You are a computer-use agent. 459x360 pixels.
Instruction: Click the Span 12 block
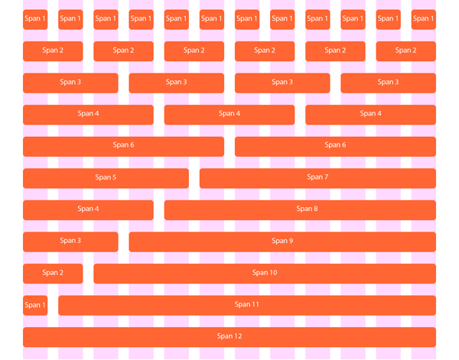(x=229, y=337)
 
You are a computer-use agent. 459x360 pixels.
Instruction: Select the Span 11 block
(x=247, y=305)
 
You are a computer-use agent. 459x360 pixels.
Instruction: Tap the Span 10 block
(x=265, y=273)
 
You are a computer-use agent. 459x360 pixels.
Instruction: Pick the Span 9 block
(x=282, y=242)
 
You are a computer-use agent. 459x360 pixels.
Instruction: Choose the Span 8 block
(x=300, y=209)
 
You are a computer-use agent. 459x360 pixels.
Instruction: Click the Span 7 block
(x=317, y=177)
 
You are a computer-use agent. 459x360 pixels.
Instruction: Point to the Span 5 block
(x=106, y=177)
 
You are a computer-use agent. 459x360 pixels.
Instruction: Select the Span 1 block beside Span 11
(x=35, y=305)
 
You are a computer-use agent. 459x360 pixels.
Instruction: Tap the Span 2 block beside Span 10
(x=53, y=273)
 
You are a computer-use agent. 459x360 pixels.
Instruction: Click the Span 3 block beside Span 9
(x=70, y=242)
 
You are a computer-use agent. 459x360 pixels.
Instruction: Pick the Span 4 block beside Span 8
(x=88, y=209)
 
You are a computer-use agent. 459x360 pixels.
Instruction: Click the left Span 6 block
(x=123, y=146)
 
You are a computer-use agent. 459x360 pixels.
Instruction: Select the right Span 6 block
(x=335, y=146)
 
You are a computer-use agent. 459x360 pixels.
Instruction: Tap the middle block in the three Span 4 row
(x=229, y=114)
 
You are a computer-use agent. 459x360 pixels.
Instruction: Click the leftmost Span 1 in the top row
(x=35, y=19)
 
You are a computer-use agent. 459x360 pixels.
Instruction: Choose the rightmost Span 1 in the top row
(x=423, y=19)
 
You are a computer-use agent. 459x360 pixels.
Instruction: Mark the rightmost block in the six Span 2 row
(x=405, y=51)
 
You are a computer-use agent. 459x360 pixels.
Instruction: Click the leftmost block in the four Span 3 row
(x=70, y=83)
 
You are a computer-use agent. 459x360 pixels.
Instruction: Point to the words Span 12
(x=229, y=336)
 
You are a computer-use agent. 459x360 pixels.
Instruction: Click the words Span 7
(x=317, y=177)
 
